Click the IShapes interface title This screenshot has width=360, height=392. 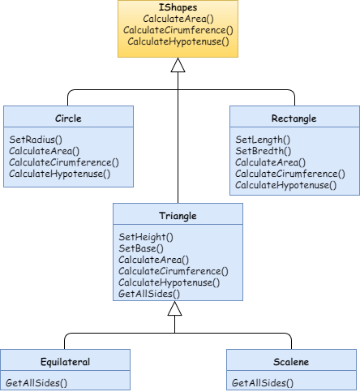(178, 7)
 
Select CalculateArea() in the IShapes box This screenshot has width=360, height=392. (178, 19)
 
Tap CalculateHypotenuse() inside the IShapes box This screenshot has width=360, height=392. (178, 41)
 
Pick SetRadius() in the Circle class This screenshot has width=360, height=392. (36, 140)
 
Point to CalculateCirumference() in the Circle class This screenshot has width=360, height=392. (63, 162)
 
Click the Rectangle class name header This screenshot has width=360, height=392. (293, 118)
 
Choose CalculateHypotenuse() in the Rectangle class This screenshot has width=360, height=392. (286, 185)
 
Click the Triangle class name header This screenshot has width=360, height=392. (178, 216)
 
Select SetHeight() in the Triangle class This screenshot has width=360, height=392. (147, 237)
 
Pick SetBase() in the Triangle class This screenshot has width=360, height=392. (142, 248)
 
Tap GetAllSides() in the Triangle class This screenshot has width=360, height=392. (149, 294)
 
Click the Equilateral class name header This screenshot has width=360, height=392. (65, 362)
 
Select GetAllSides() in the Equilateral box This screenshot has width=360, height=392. (36, 381)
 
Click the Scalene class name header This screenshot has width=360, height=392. (291, 362)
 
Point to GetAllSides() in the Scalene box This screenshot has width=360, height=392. (263, 381)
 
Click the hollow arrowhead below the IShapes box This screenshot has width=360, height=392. (178, 67)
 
